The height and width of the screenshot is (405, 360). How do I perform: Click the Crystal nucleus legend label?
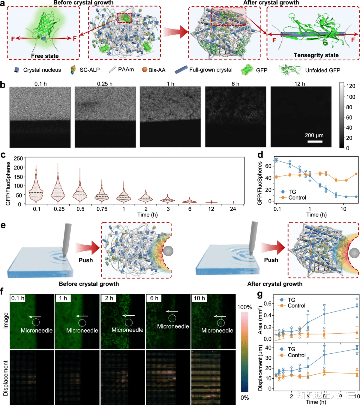(x=42, y=70)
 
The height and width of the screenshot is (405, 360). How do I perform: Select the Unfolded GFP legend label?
(x=322, y=70)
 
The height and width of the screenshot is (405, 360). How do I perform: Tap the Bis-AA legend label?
(x=157, y=70)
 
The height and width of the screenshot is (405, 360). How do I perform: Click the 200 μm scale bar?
(x=315, y=141)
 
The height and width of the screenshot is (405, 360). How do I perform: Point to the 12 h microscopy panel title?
(x=300, y=84)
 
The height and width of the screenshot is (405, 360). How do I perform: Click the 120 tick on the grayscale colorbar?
(x=350, y=86)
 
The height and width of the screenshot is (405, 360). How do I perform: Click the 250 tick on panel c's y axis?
(x=18, y=158)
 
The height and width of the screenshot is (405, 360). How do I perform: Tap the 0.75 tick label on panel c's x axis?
(x=102, y=209)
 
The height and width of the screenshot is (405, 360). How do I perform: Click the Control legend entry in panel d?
(x=297, y=198)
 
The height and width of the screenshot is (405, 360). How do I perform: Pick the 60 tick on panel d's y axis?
(x=268, y=166)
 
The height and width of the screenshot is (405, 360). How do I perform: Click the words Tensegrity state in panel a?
(x=316, y=55)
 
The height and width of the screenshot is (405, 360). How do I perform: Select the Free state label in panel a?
(x=45, y=56)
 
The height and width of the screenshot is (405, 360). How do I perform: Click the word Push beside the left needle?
(x=86, y=260)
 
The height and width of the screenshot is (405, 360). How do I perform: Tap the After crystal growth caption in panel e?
(x=275, y=284)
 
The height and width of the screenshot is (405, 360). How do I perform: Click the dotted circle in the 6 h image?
(x=172, y=318)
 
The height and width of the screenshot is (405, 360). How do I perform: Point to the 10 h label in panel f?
(x=199, y=298)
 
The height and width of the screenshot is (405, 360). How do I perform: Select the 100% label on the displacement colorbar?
(x=244, y=307)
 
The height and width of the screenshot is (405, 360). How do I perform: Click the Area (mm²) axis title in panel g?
(x=260, y=320)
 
